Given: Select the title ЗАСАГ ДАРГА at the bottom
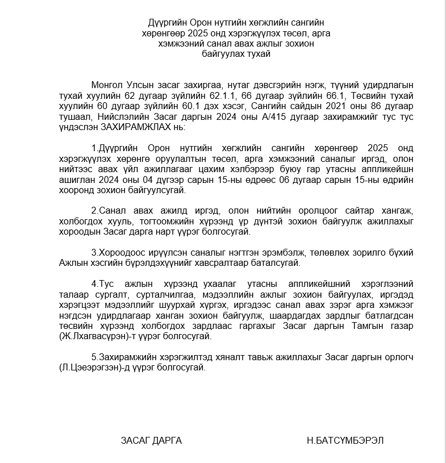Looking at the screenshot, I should pyautogui.click(x=151, y=440).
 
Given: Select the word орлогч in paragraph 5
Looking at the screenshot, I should pyautogui.click(x=398, y=358).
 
